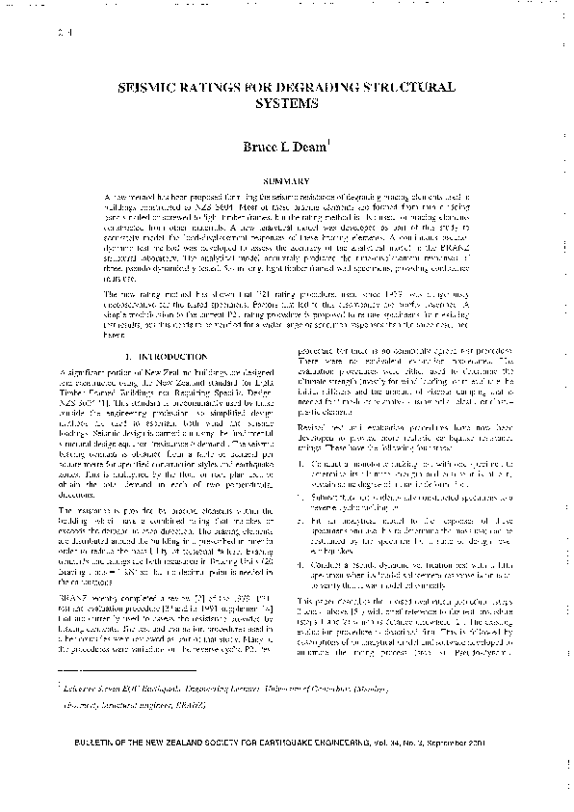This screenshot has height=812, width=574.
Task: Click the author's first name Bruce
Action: pyautogui.click(x=262, y=148)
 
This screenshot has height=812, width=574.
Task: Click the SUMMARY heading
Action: pyautogui.click(x=286, y=179)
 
